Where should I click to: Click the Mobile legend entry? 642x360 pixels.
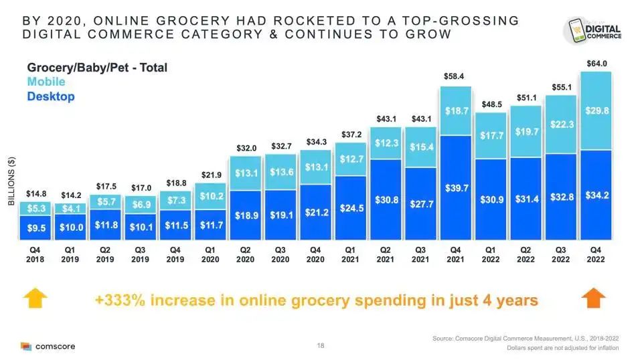click(x=46, y=82)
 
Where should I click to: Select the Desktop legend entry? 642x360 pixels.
click(x=51, y=96)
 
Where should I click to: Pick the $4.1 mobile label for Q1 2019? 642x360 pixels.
click(x=71, y=208)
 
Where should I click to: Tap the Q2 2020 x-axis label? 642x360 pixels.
click(x=246, y=254)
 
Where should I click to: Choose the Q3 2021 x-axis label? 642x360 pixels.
click(x=420, y=254)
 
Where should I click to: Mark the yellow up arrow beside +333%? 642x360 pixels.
click(x=36, y=299)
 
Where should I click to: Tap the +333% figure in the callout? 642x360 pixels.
click(x=121, y=300)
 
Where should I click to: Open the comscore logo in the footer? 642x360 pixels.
click(x=48, y=347)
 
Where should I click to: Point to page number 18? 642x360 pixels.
click(x=321, y=346)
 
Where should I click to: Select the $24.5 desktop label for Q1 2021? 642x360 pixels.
click(x=351, y=208)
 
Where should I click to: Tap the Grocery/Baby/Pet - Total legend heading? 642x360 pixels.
click(x=97, y=68)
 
